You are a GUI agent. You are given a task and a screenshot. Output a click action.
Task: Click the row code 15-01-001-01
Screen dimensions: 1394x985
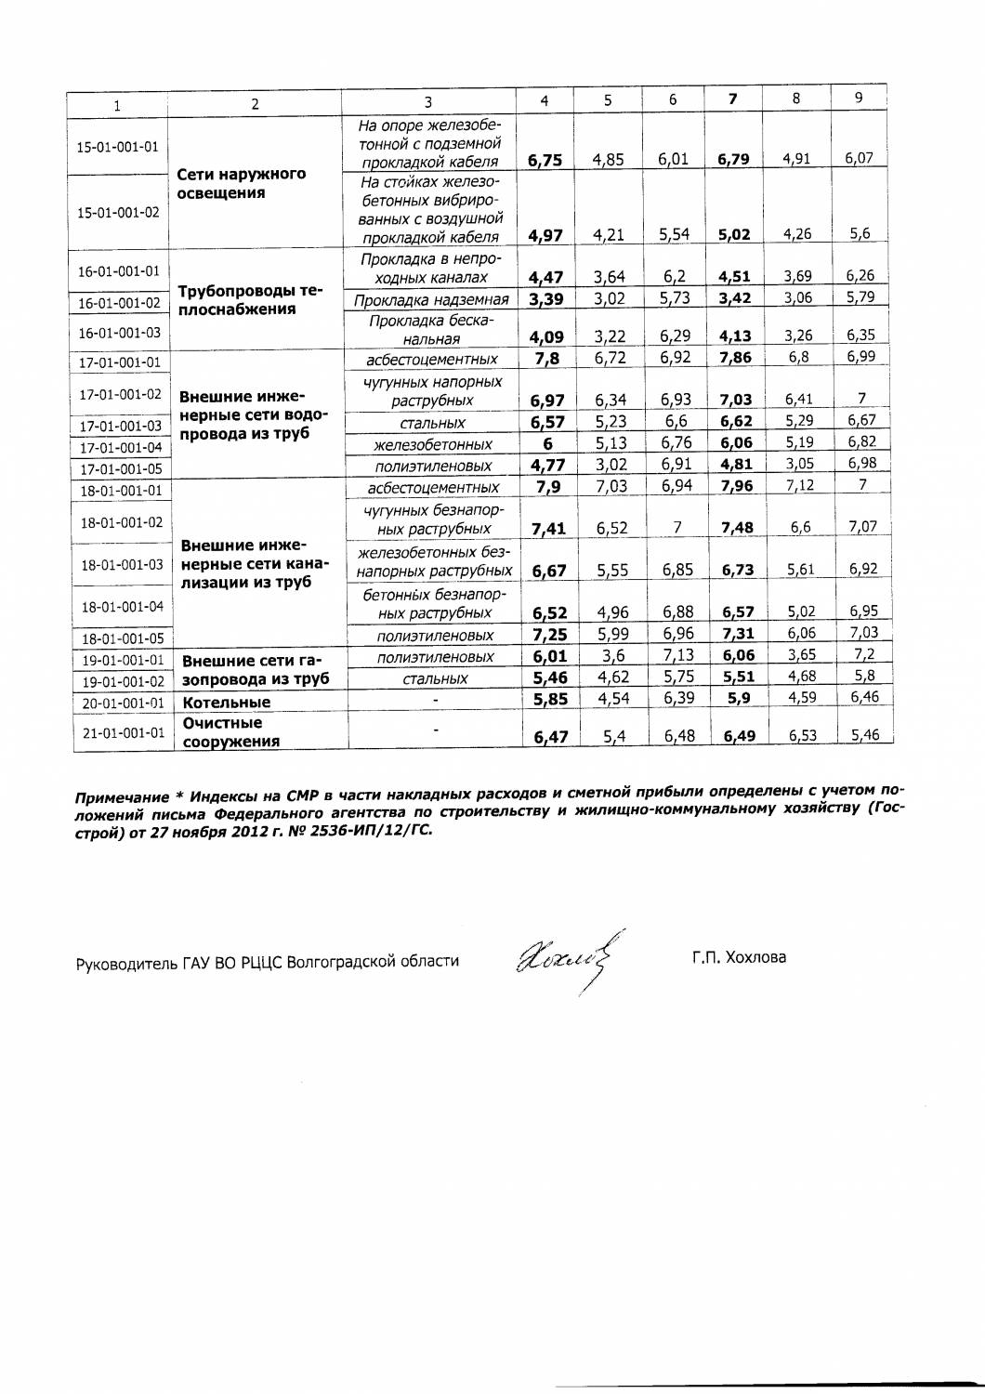point(117,147)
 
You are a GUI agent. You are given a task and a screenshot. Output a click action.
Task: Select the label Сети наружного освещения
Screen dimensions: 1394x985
point(241,184)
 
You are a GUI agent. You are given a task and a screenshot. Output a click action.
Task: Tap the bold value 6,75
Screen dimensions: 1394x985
point(545,160)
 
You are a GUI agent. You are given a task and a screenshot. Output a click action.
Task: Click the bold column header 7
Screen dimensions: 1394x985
point(733,99)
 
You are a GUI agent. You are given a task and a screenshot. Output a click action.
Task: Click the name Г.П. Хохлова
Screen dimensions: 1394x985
point(739,956)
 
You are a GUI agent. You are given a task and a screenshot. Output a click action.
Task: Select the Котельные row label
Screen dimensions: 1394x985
point(227,703)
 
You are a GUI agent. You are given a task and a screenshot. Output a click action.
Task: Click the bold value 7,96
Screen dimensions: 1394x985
point(737,486)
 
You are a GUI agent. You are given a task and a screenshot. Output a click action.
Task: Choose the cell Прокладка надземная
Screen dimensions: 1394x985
point(431,299)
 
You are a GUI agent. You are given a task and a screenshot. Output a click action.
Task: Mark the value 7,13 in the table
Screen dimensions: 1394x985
point(677,656)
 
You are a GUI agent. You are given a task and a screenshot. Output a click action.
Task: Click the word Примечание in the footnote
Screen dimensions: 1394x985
point(120,797)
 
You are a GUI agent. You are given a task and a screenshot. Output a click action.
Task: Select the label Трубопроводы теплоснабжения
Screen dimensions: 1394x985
point(250,300)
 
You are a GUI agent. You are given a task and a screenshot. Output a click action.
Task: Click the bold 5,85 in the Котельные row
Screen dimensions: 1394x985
point(550,700)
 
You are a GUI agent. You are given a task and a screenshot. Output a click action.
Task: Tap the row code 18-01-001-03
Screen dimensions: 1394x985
point(122,564)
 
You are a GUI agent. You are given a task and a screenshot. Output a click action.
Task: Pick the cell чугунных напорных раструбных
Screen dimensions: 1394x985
point(432,391)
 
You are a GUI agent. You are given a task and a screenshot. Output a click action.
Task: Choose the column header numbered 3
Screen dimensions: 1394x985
point(427,102)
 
